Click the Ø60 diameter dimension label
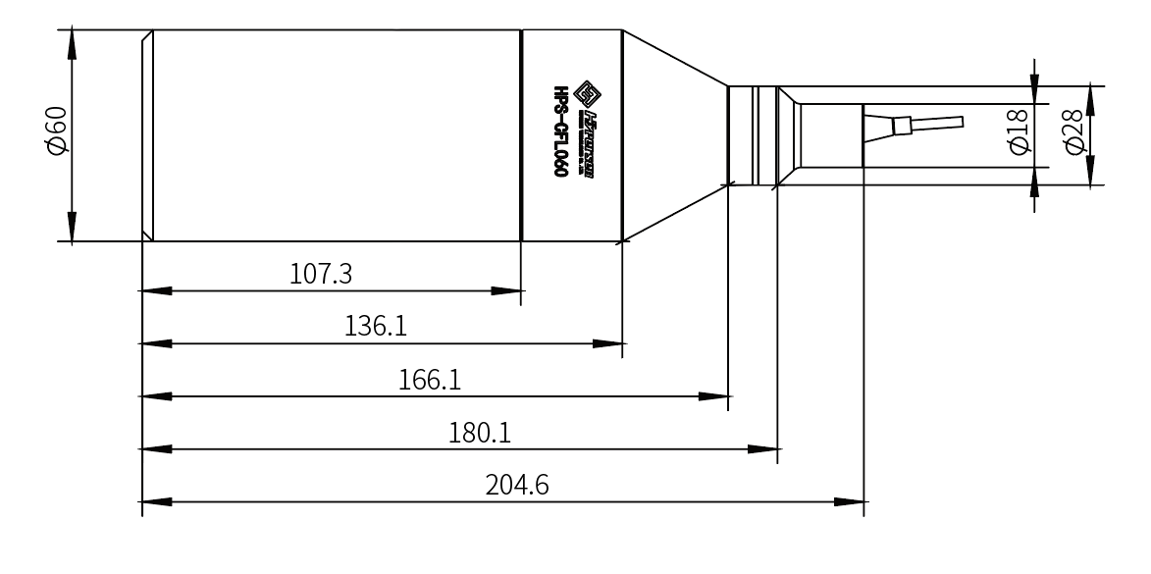coord(57,132)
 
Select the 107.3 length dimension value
coord(322,274)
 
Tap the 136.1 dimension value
coord(377,327)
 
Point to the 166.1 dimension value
coord(430,380)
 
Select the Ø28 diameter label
coord(1073,133)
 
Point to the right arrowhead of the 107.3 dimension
coord(508,291)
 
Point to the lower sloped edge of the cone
coord(675,210)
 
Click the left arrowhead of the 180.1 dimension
coord(156,450)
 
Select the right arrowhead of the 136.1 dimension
coord(608,344)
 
